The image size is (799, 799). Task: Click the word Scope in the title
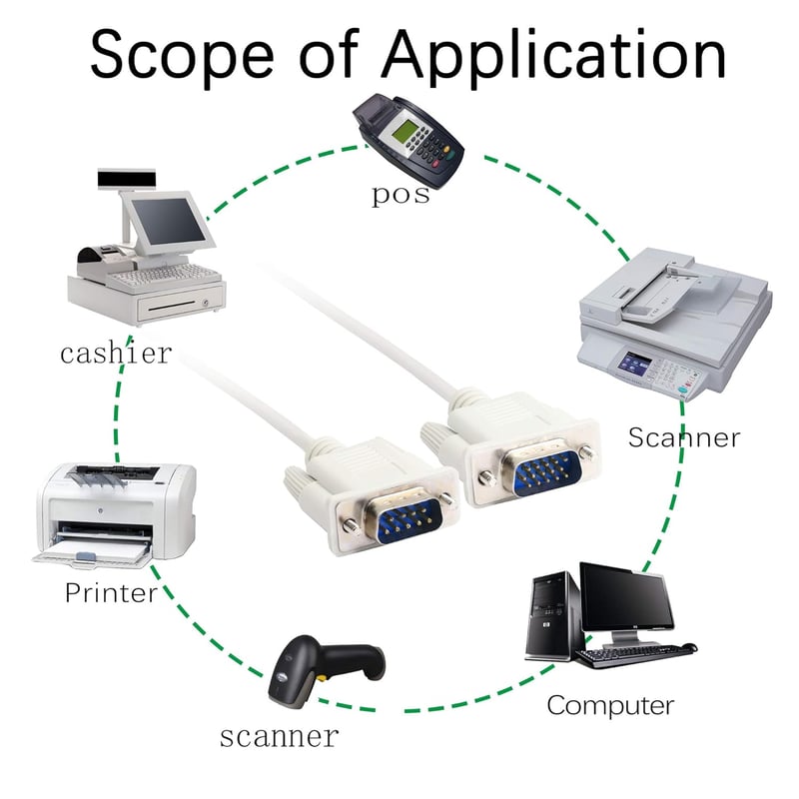[182, 56]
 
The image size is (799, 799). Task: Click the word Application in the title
[554, 56]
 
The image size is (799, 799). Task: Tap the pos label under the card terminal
[400, 196]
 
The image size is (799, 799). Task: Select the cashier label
[116, 353]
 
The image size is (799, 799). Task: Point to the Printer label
[111, 592]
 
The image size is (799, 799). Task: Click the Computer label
[610, 707]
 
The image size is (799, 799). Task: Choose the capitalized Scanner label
[684, 437]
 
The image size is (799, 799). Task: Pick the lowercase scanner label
[280, 737]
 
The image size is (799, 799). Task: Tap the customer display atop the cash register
[127, 179]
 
